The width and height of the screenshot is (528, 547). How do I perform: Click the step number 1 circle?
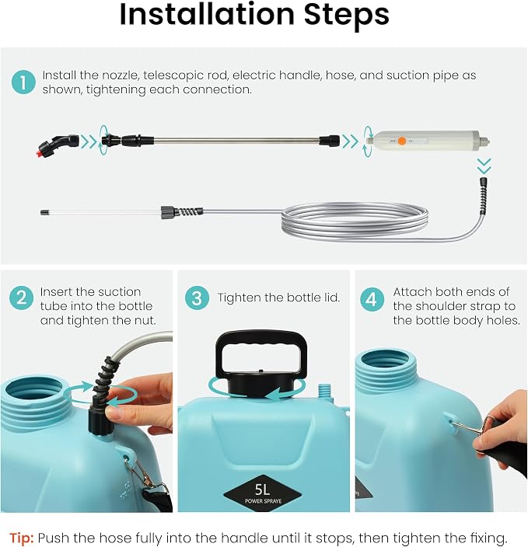coord(23,82)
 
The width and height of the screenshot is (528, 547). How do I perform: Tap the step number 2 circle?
coord(21,298)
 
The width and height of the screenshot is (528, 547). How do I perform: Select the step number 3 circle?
coord(197,298)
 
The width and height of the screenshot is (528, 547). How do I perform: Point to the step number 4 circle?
coord(372,299)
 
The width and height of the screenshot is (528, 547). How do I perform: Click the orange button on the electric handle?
coord(402,141)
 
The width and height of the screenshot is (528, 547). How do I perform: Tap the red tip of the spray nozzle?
coord(40,152)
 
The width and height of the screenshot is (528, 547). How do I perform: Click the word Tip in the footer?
coord(21,537)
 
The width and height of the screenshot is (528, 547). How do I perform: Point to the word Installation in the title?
coord(207,15)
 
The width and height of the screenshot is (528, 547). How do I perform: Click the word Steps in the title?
coord(346,16)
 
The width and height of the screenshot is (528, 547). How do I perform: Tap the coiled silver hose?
coord(355,221)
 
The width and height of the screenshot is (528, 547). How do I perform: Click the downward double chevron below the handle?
coord(484,165)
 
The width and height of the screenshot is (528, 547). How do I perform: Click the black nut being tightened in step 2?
coord(100,420)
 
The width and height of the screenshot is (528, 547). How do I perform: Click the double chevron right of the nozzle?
coord(89,141)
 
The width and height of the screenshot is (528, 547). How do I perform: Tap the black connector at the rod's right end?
coord(329,141)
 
